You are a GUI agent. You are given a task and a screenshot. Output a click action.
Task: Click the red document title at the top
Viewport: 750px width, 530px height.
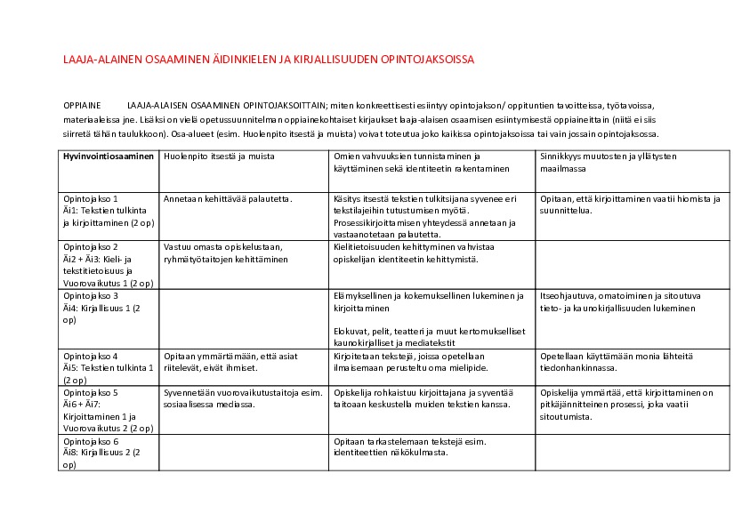269,60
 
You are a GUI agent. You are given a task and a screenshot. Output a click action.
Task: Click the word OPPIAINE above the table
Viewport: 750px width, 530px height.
82,105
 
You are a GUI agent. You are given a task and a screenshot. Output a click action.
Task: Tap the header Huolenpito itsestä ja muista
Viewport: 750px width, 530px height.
219,157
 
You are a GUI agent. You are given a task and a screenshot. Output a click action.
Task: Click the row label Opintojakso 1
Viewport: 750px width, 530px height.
92,199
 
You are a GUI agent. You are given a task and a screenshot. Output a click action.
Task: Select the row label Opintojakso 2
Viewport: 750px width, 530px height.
92,246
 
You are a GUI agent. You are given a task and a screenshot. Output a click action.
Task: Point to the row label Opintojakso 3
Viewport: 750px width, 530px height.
92,295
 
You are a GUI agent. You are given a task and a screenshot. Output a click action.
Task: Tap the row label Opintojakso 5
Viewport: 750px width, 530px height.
92,391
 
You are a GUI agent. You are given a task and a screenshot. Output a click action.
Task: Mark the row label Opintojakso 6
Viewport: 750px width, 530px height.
92,441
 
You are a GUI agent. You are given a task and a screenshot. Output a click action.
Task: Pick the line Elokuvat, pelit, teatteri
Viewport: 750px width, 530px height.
427,333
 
